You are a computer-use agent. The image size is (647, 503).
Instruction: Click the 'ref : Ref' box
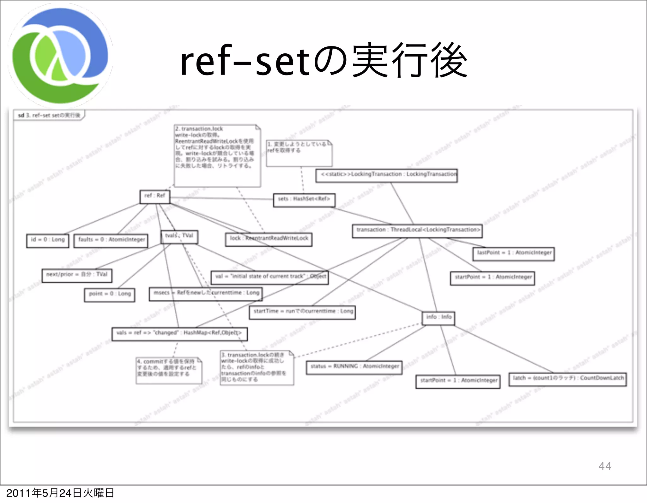point(155,197)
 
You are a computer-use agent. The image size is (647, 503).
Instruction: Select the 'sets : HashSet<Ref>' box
point(304,200)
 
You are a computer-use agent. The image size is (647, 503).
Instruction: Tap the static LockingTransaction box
point(386,175)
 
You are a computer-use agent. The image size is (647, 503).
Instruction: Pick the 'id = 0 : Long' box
point(48,241)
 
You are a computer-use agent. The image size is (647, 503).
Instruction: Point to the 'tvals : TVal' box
point(179,237)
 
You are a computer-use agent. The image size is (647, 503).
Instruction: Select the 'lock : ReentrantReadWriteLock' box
point(269,239)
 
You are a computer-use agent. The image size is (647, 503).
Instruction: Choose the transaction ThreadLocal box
point(417,231)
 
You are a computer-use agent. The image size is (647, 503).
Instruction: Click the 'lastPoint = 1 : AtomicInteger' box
point(513,254)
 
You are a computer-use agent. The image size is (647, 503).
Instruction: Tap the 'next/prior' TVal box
point(77,275)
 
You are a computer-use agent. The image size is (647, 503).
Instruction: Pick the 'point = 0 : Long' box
point(110,295)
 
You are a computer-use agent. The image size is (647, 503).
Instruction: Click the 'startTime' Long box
point(302,312)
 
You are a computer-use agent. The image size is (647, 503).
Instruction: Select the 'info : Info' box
point(438,318)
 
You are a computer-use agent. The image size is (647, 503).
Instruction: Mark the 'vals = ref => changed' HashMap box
point(179,334)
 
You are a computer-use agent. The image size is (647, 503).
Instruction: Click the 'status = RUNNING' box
point(354,367)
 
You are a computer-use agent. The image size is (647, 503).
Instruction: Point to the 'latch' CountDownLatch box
point(567,379)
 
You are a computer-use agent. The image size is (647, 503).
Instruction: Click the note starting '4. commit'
point(169,370)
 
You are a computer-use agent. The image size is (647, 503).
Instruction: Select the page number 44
point(605,466)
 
